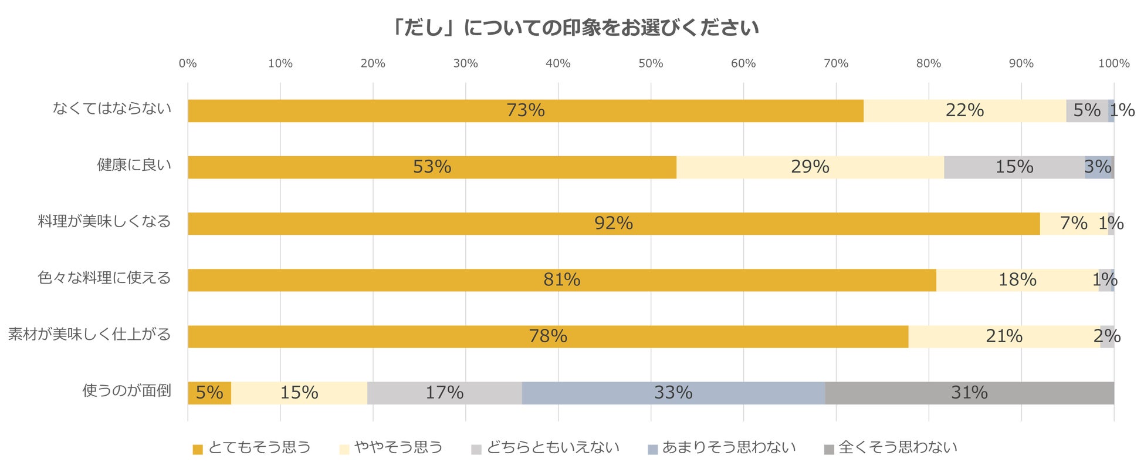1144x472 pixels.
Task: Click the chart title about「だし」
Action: tap(575, 28)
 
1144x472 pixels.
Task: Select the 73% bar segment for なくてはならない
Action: tap(525, 110)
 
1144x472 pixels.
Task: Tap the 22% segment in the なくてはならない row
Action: tap(964, 110)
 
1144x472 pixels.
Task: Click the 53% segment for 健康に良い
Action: tap(432, 167)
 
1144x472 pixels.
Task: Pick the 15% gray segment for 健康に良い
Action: tap(1014, 167)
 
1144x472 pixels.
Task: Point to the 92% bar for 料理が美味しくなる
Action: tap(613, 224)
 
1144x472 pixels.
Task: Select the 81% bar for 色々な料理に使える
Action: tap(561, 280)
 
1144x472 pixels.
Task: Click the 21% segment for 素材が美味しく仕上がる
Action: tap(1004, 336)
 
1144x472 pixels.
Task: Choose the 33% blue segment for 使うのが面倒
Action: tap(673, 393)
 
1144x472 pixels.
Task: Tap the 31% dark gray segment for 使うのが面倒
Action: tap(969, 393)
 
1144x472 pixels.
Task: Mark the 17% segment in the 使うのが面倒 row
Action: tap(444, 393)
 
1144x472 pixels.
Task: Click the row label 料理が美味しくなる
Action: tap(104, 222)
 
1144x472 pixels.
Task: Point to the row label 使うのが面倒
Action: tap(127, 391)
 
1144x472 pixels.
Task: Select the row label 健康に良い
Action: tap(134, 166)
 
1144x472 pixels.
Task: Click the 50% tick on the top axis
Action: tap(651, 63)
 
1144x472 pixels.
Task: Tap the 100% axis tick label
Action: tap(1113, 63)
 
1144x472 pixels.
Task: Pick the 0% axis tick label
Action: tap(188, 63)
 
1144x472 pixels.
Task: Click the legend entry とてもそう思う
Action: tap(252, 448)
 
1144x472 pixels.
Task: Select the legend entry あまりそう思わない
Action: tap(722, 448)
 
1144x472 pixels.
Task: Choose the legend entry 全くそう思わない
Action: tap(891, 448)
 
